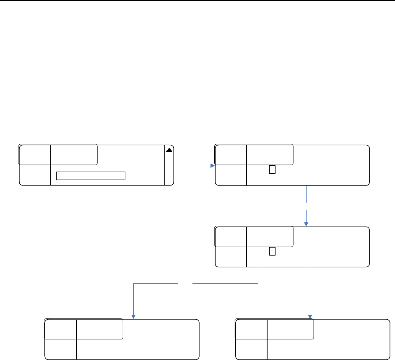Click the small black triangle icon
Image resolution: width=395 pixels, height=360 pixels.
click(169, 149)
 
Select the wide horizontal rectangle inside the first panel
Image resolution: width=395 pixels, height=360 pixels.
click(91, 175)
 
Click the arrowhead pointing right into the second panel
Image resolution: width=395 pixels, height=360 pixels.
click(212, 166)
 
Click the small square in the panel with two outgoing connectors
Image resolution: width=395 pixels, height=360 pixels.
click(272, 252)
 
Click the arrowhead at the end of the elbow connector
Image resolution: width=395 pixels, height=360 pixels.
click(133, 316)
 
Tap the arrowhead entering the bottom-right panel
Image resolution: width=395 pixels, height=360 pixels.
click(310, 316)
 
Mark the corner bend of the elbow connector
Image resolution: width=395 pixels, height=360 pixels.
click(133, 284)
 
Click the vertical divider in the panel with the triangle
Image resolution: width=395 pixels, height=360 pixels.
click(51, 165)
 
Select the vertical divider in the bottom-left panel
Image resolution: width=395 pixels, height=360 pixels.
click(76, 339)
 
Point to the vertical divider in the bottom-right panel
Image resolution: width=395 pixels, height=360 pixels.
click(267, 339)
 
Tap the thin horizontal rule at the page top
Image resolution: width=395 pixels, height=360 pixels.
click(197, 0)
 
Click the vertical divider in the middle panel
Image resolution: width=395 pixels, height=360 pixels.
click(247, 247)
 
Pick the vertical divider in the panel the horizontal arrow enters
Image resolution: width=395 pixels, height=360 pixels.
click(247, 165)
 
